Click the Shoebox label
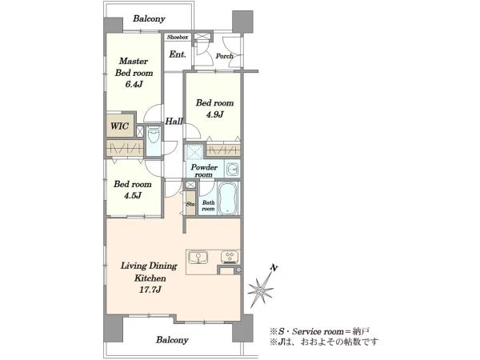(x=178, y=37)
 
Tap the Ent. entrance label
(x=178, y=54)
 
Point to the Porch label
(x=224, y=56)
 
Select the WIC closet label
(x=119, y=126)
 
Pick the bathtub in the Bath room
(x=228, y=198)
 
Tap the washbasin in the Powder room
(x=233, y=169)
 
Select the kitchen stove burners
(x=230, y=257)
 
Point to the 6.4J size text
(x=134, y=84)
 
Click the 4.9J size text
(x=214, y=114)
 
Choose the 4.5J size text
(x=133, y=195)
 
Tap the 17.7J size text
(x=150, y=290)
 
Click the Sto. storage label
(x=190, y=204)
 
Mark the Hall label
(x=174, y=122)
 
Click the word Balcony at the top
(x=149, y=18)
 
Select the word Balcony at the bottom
(x=172, y=340)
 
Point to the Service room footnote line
(x=320, y=331)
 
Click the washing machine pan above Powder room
(x=194, y=151)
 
